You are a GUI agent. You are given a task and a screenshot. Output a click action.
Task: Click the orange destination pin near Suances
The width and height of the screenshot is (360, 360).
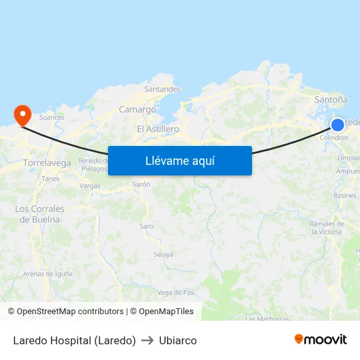(x=23, y=116)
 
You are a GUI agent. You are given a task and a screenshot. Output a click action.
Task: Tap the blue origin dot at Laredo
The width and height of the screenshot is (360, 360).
(x=338, y=125)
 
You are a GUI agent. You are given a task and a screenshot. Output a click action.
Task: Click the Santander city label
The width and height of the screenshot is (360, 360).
(x=162, y=89)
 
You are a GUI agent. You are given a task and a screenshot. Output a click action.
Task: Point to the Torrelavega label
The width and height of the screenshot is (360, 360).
(x=46, y=162)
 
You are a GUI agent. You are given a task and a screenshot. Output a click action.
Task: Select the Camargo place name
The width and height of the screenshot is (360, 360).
(x=137, y=110)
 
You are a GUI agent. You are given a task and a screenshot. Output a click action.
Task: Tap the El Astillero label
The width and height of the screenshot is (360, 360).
(x=158, y=129)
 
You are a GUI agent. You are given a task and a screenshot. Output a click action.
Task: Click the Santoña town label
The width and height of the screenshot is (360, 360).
(x=331, y=99)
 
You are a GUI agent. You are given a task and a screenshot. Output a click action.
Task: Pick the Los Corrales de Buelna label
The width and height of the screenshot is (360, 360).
(x=39, y=214)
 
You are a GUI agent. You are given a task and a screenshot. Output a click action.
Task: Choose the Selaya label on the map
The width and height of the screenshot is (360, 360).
(x=164, y=255)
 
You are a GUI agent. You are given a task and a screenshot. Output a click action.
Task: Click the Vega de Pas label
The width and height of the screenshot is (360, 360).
(x=175, y=292)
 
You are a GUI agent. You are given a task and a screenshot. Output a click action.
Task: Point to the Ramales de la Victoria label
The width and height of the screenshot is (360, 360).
(x=326, y=228)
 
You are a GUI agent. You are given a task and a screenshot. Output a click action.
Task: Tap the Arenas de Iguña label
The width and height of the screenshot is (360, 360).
(x=48, y=274)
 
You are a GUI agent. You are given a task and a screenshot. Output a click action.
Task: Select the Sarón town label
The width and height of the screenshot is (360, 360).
(x=141, y=185)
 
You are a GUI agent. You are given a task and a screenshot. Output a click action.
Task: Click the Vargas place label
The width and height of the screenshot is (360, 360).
(x=90, y=186)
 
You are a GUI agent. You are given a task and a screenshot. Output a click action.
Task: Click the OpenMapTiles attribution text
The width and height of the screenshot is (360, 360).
(x=166, y=312)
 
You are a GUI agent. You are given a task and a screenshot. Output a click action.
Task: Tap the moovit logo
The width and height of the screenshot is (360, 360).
(x=320, y=339)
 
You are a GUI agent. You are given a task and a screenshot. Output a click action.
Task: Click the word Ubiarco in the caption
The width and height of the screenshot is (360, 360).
(x=177, y=340)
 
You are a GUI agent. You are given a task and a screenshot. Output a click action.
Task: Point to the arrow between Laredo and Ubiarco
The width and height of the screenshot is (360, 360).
(x=147, y=340)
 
